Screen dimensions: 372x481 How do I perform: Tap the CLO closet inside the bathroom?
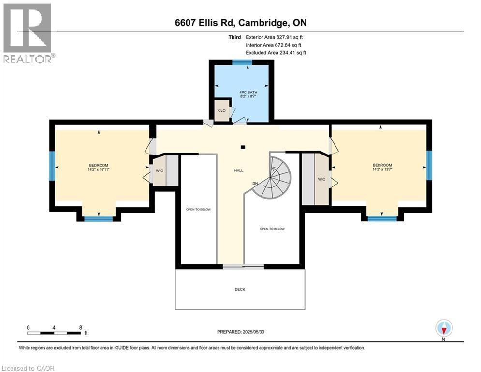[x=221, y=109]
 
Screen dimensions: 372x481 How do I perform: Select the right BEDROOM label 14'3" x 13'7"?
[x=382, y=168]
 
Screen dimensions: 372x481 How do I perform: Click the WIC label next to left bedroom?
[x=158, y=170]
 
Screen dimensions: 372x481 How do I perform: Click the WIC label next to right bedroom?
[x=321, y=179]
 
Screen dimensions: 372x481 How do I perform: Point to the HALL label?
[x=238, y=170]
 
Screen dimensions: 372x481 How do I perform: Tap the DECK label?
[x=240, y=289]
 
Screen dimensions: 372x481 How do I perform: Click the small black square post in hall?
[x=243, y=147]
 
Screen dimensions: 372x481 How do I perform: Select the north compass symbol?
[x=443, y=328]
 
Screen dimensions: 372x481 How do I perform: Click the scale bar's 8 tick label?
[x=80, y=327]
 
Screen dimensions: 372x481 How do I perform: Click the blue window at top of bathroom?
[x=242, y=62]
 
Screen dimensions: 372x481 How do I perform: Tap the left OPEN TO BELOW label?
[x=198, y=209]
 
